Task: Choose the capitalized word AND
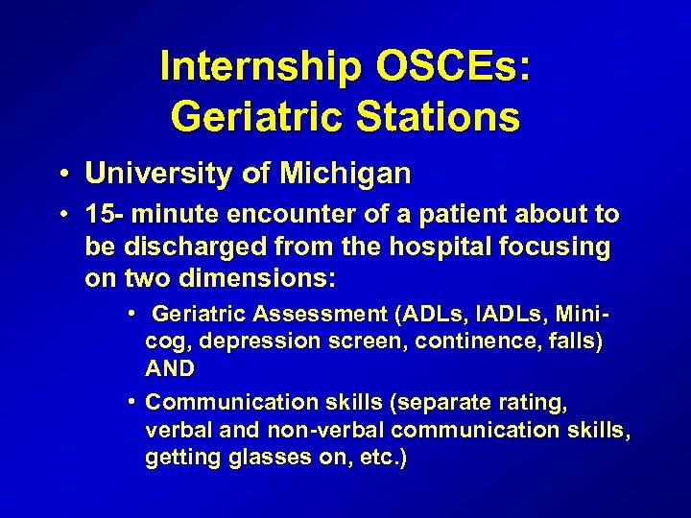pos(170,368)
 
